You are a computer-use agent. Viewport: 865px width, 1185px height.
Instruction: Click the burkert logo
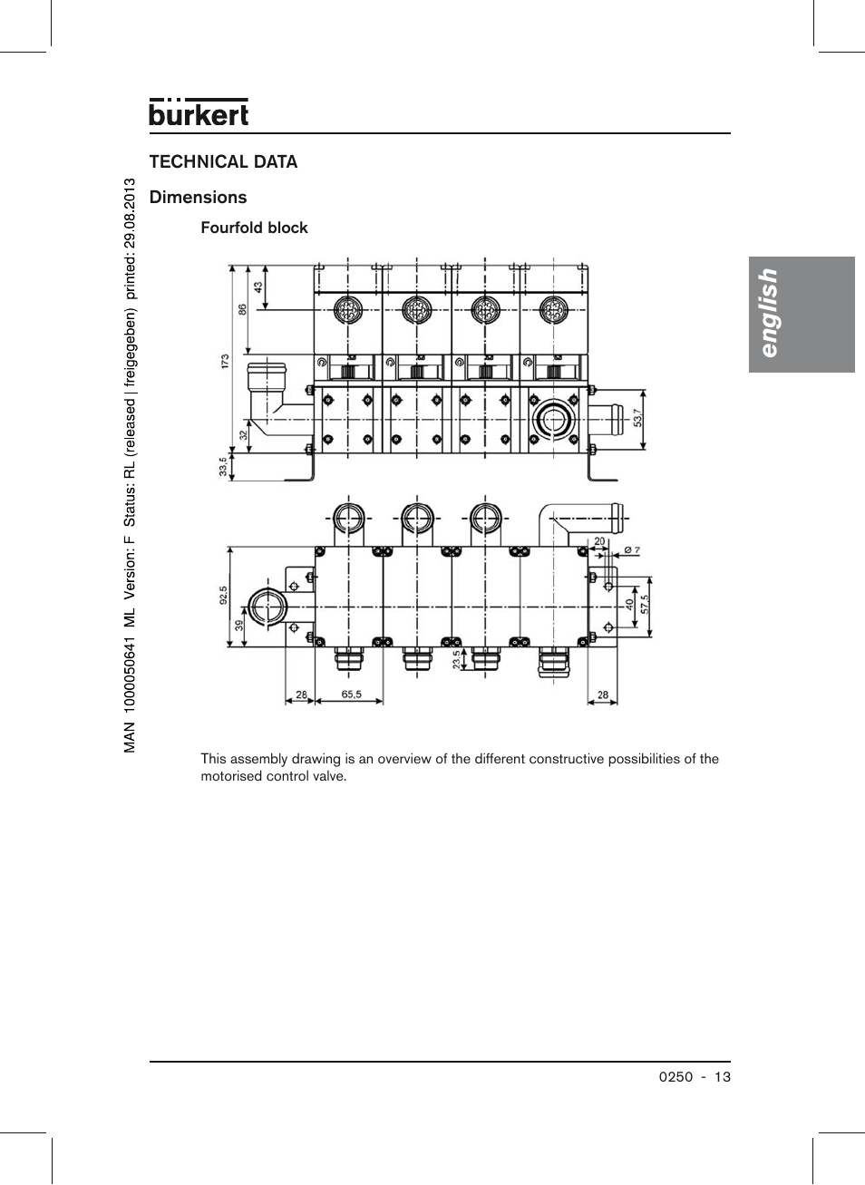(x=199, y=112)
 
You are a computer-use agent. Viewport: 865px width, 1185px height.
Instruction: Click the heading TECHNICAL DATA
(x=223, y=162)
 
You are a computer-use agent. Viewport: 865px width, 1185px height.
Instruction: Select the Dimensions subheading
(x=198, y=198)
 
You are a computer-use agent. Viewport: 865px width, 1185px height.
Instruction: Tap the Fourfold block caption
(x=254, y=228)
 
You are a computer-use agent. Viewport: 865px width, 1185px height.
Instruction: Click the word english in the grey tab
(x=768, y=313)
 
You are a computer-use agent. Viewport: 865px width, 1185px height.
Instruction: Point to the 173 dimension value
(x=225, y=360)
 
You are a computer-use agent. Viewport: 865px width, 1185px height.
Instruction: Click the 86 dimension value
(x=242, y=309)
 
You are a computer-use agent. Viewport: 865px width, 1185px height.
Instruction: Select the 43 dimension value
(x=258, y=287)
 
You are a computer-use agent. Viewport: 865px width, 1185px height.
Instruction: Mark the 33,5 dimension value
(x=223, y=466)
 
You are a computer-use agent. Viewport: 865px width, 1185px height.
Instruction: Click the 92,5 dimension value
(x=223, y=595)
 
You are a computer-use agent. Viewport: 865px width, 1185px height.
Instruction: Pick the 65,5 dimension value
(x=351, y=694)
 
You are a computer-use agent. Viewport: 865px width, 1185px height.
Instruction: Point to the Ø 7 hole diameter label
(x=632, y=550)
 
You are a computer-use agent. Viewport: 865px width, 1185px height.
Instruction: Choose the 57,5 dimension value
(x=645, y=604)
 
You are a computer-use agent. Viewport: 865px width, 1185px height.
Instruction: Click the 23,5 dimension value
(x=456, y=659)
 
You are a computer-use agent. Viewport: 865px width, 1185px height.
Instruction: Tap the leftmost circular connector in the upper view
(x=348, y=311)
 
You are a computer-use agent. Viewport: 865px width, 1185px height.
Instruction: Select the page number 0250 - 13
(x=695, y=1077)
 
